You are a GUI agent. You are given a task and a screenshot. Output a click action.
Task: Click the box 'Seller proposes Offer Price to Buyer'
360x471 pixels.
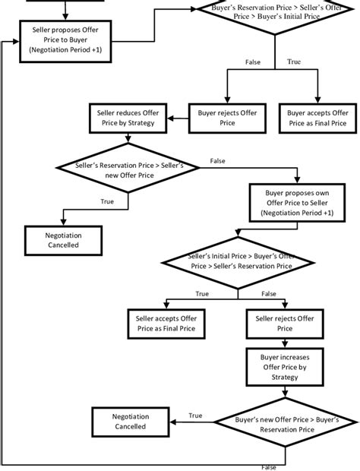(67, 38)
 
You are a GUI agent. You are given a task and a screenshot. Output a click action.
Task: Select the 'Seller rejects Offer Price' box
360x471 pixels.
(284, 323)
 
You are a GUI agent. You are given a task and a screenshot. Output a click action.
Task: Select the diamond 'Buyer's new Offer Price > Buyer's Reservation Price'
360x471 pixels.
(286, 423)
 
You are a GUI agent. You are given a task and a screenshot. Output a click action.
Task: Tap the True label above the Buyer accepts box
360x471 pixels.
(293, 62)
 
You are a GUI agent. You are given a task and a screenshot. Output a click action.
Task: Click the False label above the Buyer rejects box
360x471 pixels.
(252, 62)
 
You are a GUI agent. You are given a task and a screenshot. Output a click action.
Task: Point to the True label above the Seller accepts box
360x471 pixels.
(201, 293)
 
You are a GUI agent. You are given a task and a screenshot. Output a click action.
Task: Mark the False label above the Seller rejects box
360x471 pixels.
(268, 293)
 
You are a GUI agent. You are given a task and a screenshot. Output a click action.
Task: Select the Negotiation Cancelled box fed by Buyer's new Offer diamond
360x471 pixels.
(131, 422)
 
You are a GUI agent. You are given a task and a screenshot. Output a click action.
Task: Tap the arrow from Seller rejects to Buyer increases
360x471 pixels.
(284, 343)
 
